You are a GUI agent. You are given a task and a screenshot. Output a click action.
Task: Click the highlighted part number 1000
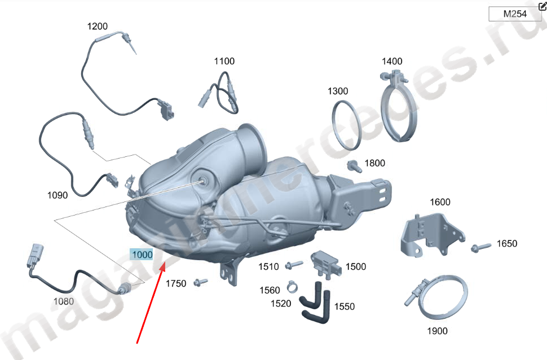142,254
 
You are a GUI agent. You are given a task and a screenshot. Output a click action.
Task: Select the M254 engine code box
515,14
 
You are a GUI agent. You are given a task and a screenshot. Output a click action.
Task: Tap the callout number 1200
98,26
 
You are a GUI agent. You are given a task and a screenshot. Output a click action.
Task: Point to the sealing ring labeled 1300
334,125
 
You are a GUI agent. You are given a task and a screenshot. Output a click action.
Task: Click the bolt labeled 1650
480,247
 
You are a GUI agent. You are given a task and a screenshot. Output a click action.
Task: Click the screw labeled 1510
294,265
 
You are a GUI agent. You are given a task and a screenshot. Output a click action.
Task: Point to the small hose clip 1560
292,287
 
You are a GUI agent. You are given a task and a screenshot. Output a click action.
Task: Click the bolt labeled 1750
201,282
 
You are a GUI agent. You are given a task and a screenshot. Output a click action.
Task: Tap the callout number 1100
224,62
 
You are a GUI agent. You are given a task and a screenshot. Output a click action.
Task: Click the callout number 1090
58,195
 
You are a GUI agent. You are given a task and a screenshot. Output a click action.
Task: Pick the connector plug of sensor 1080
35,256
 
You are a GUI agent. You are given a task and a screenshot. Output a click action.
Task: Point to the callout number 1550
345,306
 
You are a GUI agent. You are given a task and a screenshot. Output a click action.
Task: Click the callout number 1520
281,304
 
